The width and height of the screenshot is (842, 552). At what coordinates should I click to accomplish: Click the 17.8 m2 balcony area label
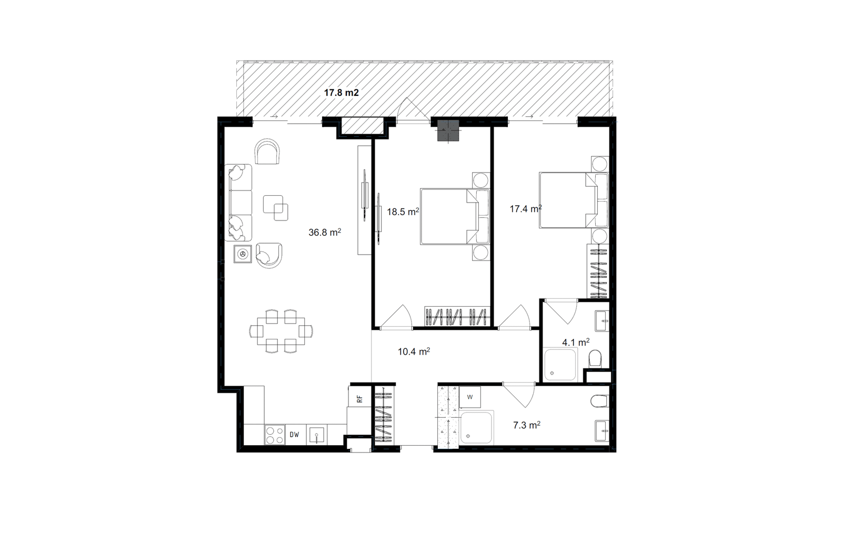pyautogui.click(x=342, y=93)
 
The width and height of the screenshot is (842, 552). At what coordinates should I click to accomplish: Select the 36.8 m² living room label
pyautogui.click(x=325, y=232)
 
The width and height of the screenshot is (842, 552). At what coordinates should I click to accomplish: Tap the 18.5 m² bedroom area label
pyautogui.click(x=403, y=212)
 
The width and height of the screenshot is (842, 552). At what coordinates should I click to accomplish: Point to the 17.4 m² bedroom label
pyautogui.click(x=526, y=208)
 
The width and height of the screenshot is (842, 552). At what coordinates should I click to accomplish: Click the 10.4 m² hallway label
pyautogui.click(x=414, y=352)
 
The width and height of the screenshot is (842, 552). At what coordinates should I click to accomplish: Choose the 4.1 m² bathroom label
pyautogui.click(x=576, y=342)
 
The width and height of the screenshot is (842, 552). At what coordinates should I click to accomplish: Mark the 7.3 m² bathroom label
pyautogui.click(x=527, y=425)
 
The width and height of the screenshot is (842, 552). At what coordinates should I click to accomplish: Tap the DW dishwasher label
pyautogui.click(x=294, y=435)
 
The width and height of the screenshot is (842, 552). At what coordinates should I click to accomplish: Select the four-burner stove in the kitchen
pyautogui.click(x=275, y=435)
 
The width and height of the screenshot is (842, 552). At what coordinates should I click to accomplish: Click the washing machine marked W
pyautogui.click(x=470, y=397)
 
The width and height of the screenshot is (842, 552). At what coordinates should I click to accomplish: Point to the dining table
pyautogui.click(x=281, y=331)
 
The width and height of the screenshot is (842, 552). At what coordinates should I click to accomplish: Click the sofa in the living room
pyautogui.click(x=238, y=202)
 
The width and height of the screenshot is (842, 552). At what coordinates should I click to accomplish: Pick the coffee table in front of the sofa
pyautogui.click(x=276, y=208)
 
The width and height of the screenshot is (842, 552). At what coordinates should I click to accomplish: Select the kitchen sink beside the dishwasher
pyautogui.click(x=316, y=435)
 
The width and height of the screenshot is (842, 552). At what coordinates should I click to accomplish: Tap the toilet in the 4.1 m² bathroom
pyautogui.click(x=595, y=359)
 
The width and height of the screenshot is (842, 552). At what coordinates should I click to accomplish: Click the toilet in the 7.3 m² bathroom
pyautogui.click(x=600, y=401)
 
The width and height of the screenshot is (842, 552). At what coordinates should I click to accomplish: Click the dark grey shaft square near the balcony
pyautogui.click(x=448, y=131)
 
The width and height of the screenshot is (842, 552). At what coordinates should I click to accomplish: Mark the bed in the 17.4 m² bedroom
pyautogui.click(x=574, y=200)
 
